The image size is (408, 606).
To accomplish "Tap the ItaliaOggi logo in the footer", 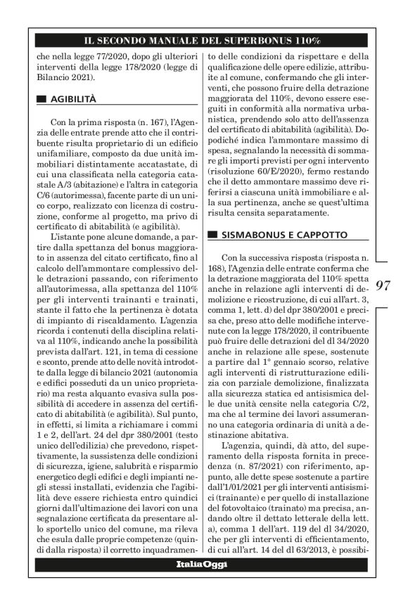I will pos(203,584).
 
